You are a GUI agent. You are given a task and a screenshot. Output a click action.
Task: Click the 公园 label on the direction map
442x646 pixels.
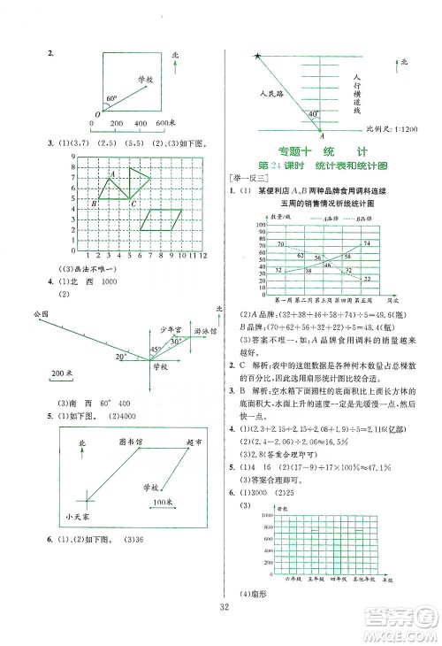click(37, 315)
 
